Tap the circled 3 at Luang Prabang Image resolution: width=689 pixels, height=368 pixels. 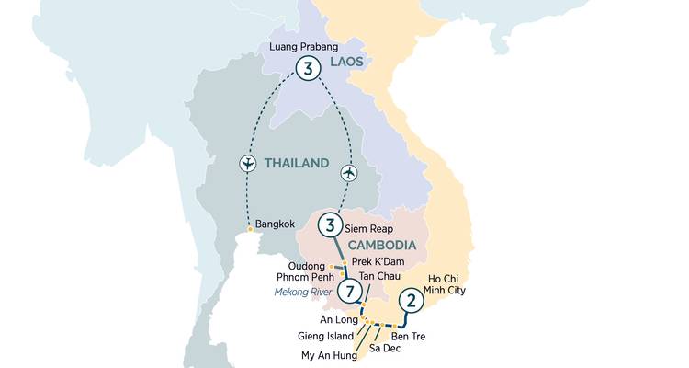[311, 67]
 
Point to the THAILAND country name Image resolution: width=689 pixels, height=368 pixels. [296, 163]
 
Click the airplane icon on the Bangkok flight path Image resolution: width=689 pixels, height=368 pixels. [246, 164]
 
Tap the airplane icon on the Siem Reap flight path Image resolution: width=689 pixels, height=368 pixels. [348, 172]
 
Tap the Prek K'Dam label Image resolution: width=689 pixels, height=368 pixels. [378, 261]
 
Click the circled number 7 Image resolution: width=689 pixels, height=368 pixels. [349, 292]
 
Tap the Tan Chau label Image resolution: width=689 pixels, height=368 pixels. [378, 277]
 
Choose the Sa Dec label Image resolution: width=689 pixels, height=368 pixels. [385, 349]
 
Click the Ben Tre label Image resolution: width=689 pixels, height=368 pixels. [419, 336]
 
